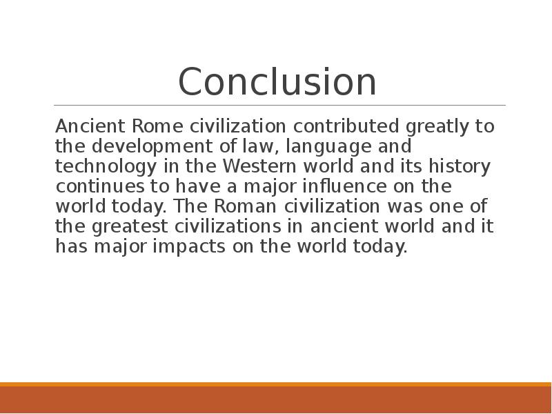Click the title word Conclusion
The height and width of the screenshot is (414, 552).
tap(277, 81)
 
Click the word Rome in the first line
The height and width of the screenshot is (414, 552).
tap(157, 126)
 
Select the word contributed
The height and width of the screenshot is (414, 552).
tap(346, 126)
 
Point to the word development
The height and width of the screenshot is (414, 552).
tap(152, 147)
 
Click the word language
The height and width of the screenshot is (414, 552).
tap(328, 147)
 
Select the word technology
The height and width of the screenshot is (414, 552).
tap(106, 167)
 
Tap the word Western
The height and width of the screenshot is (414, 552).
tap(259, 166)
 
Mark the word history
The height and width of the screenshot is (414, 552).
tap(460, 167)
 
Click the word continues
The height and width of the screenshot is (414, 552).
tap(100, 186)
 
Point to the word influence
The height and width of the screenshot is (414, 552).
tap(344, 186)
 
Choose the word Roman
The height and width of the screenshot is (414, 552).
tap(245, 206)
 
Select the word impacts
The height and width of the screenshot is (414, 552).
tap(189, 246)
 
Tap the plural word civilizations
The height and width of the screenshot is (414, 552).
tap(228, 226)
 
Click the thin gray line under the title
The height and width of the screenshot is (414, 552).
tap(280, 105)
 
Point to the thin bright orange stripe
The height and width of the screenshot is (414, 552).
tap(276, 384)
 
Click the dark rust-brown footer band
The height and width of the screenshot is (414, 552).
tap(276, 400)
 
